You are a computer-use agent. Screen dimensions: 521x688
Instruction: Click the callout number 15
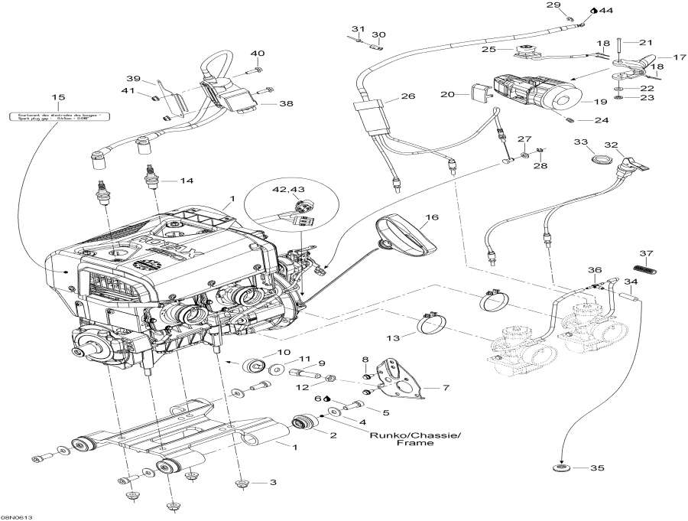(57, 97)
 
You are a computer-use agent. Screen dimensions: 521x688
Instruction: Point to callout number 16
(433, 218)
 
